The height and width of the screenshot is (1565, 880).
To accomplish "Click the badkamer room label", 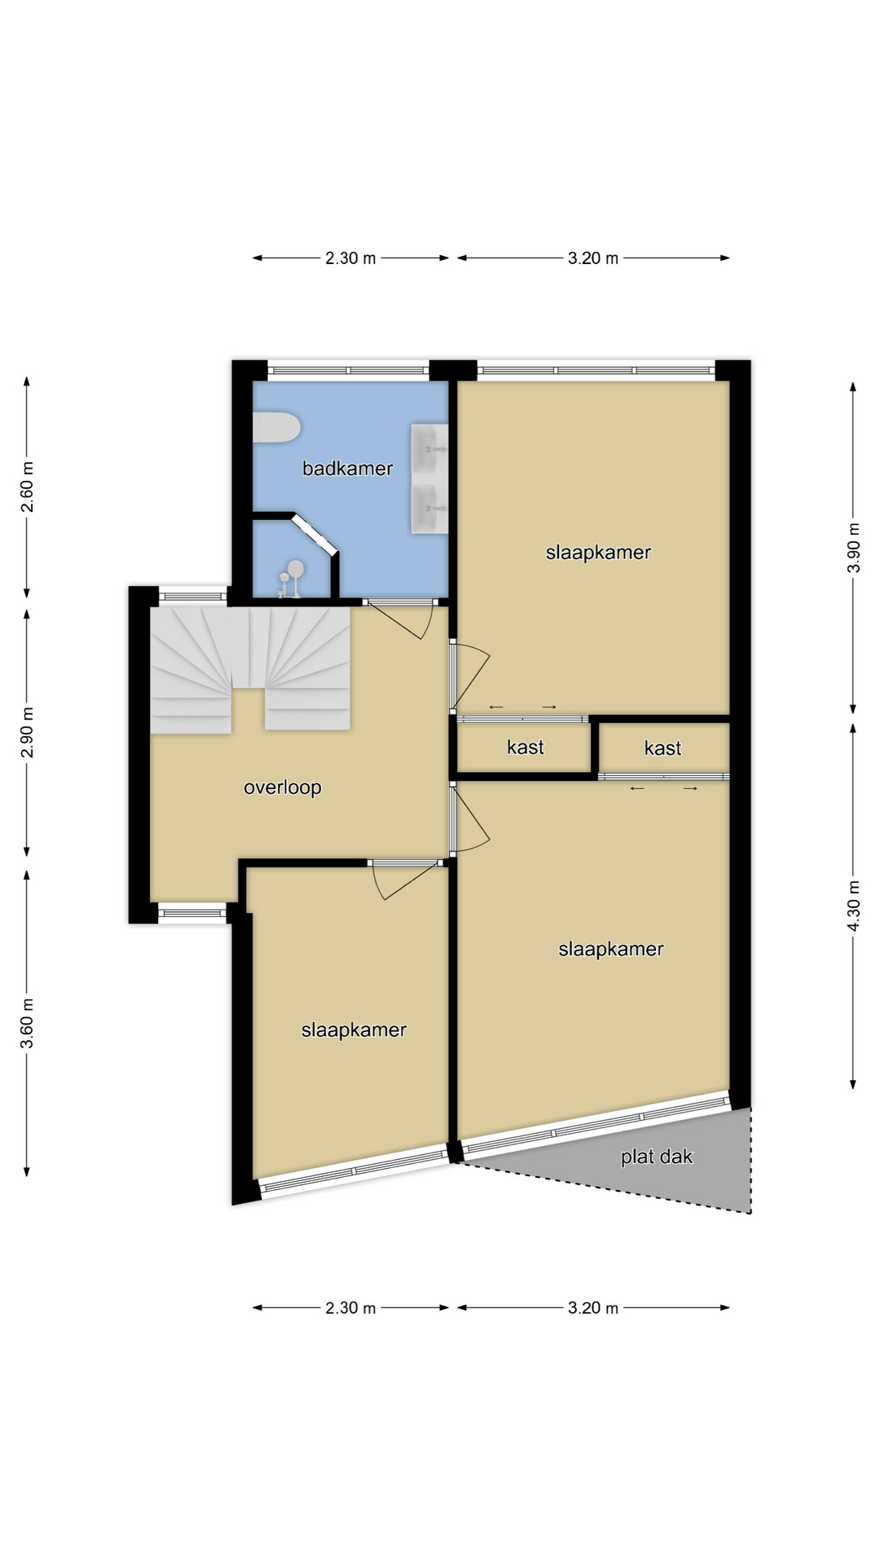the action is pyautogui.click(x=347, y=468).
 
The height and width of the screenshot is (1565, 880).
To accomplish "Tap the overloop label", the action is pyautogui.click(x=283, y=787).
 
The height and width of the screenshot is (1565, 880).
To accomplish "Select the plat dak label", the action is pyautogui.click(x=657, y=1157).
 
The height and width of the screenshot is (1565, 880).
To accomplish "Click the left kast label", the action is pyautogui.click(x=525, y=747).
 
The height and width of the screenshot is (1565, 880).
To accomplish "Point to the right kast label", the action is pyautogui.click(x=662, y=748).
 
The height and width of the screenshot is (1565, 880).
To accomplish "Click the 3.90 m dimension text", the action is pyautogui.click(x=854, y=547).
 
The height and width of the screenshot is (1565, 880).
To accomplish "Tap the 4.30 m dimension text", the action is pyautogui.click(x=854, y=906).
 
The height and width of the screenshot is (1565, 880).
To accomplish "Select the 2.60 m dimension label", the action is pyautogui.click(x=27, y=487).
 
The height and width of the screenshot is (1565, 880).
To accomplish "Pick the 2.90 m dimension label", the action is pyautogui.click(x=27, y=732).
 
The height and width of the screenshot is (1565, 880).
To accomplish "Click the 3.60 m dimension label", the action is pyautogui.click(x=27, y=1023).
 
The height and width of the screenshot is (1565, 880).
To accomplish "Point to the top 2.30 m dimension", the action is pyautogui.click(x=350, y=258).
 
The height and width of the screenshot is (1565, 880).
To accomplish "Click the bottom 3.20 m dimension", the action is pyautogui.click(x=593, y=1308).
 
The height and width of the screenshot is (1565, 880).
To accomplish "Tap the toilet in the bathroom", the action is pyautogui.click(x=276, y=428).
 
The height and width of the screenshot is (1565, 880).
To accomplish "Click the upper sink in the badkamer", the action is pyautogui.click(x=429, y=448).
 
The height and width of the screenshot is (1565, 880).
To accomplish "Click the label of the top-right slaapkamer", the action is pyautogui.click(x=598, y=553).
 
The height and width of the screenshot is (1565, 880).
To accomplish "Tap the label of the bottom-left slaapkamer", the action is pyautogui.click(x=354, y=1030).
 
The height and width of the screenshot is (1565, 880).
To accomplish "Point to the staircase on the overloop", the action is pyautogui.click(x=250, y=668).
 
